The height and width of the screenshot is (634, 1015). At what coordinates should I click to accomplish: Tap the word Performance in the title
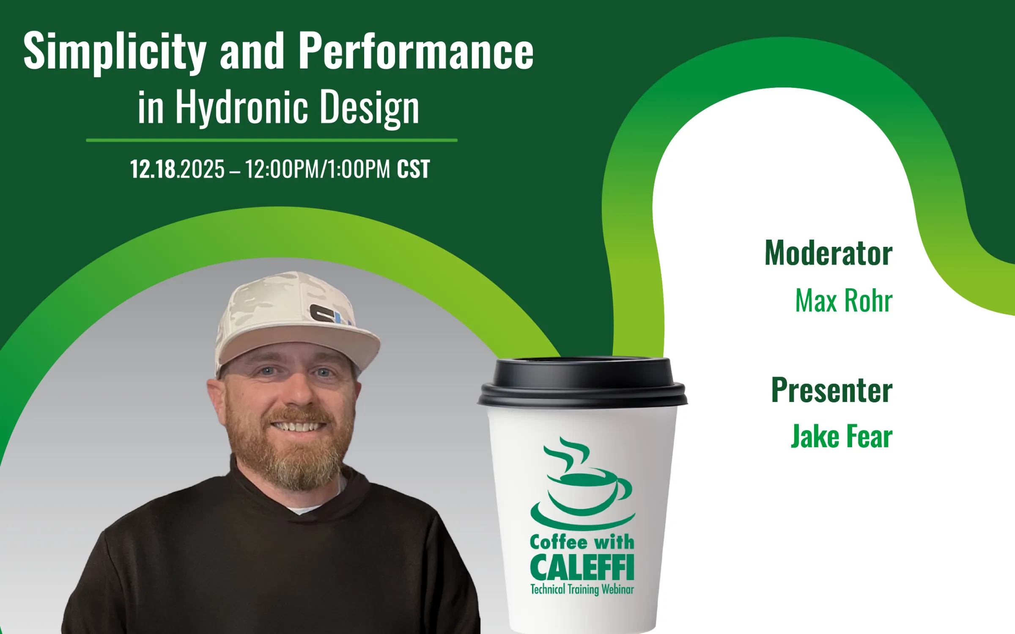(416, 52)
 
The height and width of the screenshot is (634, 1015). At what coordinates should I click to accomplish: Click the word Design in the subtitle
(369, 107)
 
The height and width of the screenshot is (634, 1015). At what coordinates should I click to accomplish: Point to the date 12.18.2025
(177, 169)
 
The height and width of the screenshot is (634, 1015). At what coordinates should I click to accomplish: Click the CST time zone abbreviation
(413, 169)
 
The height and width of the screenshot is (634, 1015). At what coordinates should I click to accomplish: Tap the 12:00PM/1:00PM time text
(317, 169)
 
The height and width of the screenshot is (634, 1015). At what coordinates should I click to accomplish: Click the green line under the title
(272, 140)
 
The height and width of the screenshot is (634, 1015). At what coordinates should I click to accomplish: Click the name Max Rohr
(843, 301)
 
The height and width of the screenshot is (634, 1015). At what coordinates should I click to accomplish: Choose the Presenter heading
(831, 391)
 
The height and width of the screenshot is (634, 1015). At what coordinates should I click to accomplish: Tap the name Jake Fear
(841, 437)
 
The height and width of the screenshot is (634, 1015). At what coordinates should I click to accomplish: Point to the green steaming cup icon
(583, 486)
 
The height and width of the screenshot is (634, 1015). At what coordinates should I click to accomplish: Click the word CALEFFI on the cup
(582, 568)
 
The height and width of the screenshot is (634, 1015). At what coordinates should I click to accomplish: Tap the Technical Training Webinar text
(582, 589)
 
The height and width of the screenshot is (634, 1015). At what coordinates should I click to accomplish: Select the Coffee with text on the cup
(582, 542)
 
